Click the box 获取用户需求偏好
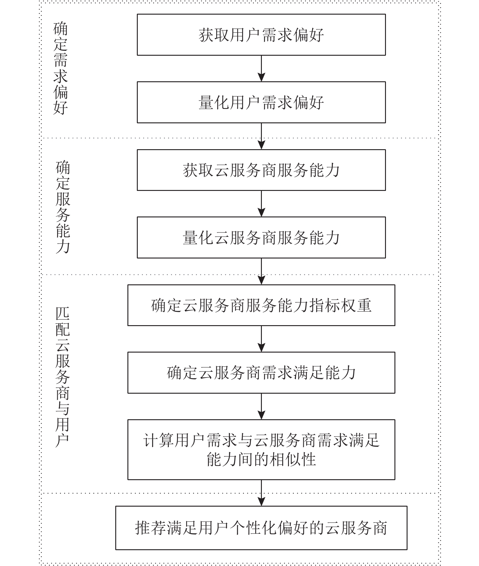point(261,35)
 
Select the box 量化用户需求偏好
point(261,102)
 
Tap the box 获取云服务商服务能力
point(261,170)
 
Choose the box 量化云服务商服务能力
point(261,237)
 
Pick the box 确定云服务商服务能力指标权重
point(261,305)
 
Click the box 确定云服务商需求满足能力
point(261,373)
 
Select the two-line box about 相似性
point(261,449)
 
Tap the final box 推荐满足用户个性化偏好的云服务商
point(261,528)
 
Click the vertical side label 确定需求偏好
point(61,68)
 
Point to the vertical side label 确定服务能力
point(63,207)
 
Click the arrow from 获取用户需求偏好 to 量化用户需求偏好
point(261,69)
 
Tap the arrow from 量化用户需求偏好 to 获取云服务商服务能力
point(261,136)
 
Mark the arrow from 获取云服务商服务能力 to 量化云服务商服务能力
point(261,204)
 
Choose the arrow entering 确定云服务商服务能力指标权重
point(261,271)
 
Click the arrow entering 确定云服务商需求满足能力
point(261,339)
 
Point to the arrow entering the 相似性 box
point(261,406)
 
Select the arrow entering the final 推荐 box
point(261,493)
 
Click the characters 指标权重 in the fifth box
point(340,305)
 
